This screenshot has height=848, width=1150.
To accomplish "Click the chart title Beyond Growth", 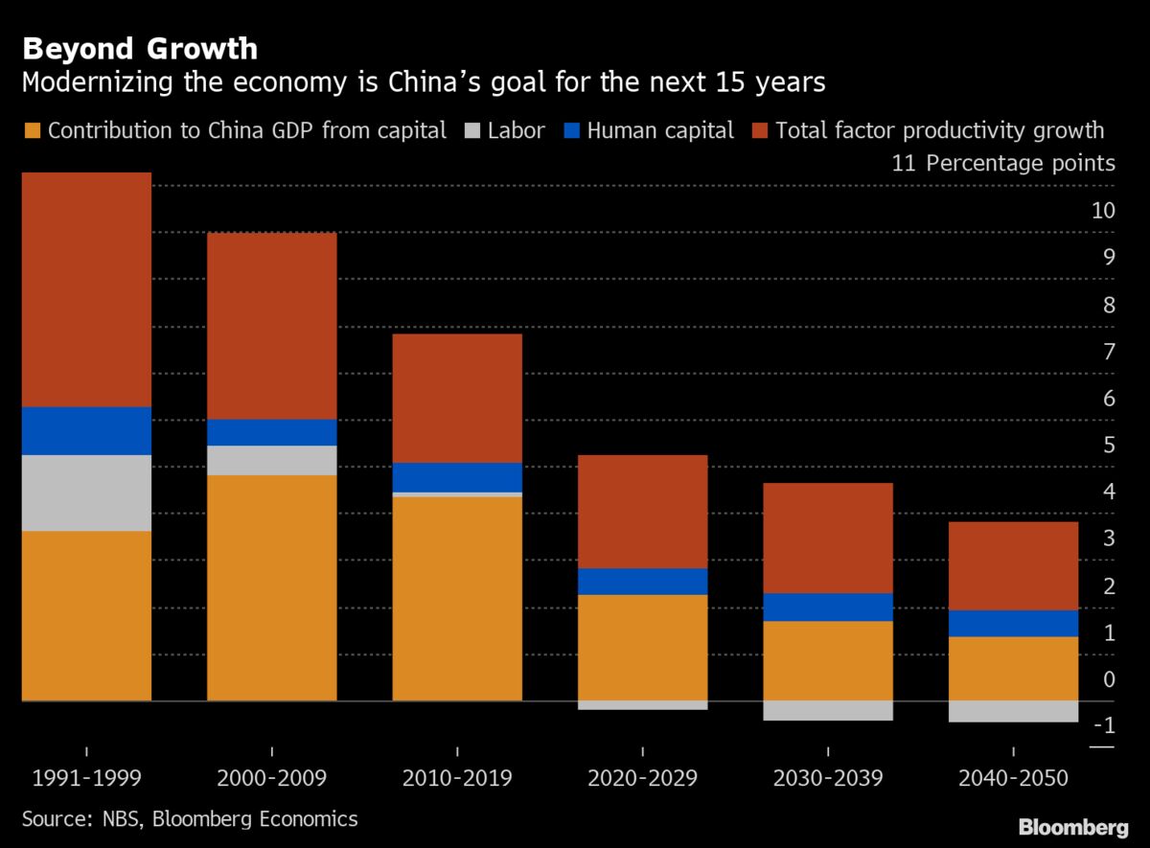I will pos(140,48).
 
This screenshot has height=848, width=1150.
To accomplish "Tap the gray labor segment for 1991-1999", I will pos(86,493).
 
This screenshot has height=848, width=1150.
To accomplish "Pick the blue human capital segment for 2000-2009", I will pos(271,432).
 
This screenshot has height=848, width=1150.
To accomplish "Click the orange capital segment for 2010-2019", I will pos(457,598).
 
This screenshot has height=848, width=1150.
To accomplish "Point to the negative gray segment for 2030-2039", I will pos(828,710).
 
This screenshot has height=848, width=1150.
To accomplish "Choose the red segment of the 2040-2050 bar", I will pos(1013,565).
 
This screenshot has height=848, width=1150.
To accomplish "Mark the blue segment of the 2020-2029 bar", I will pos(642,582).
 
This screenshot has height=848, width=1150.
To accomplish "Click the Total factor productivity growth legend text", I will pos(939,130).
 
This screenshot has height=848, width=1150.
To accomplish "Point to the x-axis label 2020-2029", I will pos(642,777).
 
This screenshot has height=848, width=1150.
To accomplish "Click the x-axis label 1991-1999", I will pos(86,777).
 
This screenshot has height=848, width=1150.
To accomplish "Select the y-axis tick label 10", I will pos(1103,210).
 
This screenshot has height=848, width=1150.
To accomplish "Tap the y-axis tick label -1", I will pos(1103,726).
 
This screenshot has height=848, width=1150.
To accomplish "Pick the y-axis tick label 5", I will pos(1109,445).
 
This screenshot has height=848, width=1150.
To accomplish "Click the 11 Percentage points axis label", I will pos(1003,163).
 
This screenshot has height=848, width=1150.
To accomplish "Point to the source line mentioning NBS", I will pos(190,818).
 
